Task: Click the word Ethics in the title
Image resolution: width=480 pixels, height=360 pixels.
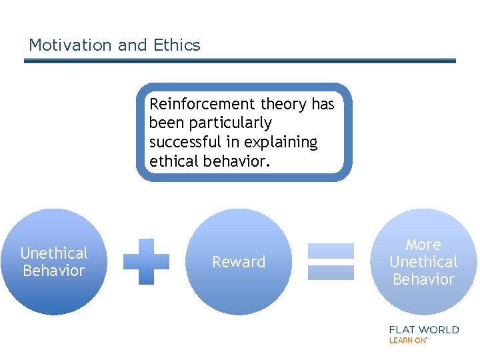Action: [177, 45]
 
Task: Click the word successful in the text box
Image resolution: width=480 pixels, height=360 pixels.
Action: [186, 142]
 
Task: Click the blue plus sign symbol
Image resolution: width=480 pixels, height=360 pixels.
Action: [147, 262]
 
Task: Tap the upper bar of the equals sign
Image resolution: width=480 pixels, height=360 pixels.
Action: [331, 251]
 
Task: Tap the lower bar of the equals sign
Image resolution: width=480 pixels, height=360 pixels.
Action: [331, 273]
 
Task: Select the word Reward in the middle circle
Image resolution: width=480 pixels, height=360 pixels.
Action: [239, 262]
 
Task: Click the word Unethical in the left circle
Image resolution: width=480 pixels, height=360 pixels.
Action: [54, 253]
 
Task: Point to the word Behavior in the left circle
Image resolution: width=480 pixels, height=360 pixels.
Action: [54, 271]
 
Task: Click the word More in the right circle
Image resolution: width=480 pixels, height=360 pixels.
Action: [423, 245]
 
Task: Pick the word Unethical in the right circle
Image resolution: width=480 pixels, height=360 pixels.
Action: [423, 262]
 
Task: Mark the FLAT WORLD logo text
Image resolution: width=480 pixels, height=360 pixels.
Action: [424, 329]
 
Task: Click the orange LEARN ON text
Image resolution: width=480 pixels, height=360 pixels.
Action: [408, 341]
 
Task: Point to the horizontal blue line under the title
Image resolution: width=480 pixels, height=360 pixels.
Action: [240, 61]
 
